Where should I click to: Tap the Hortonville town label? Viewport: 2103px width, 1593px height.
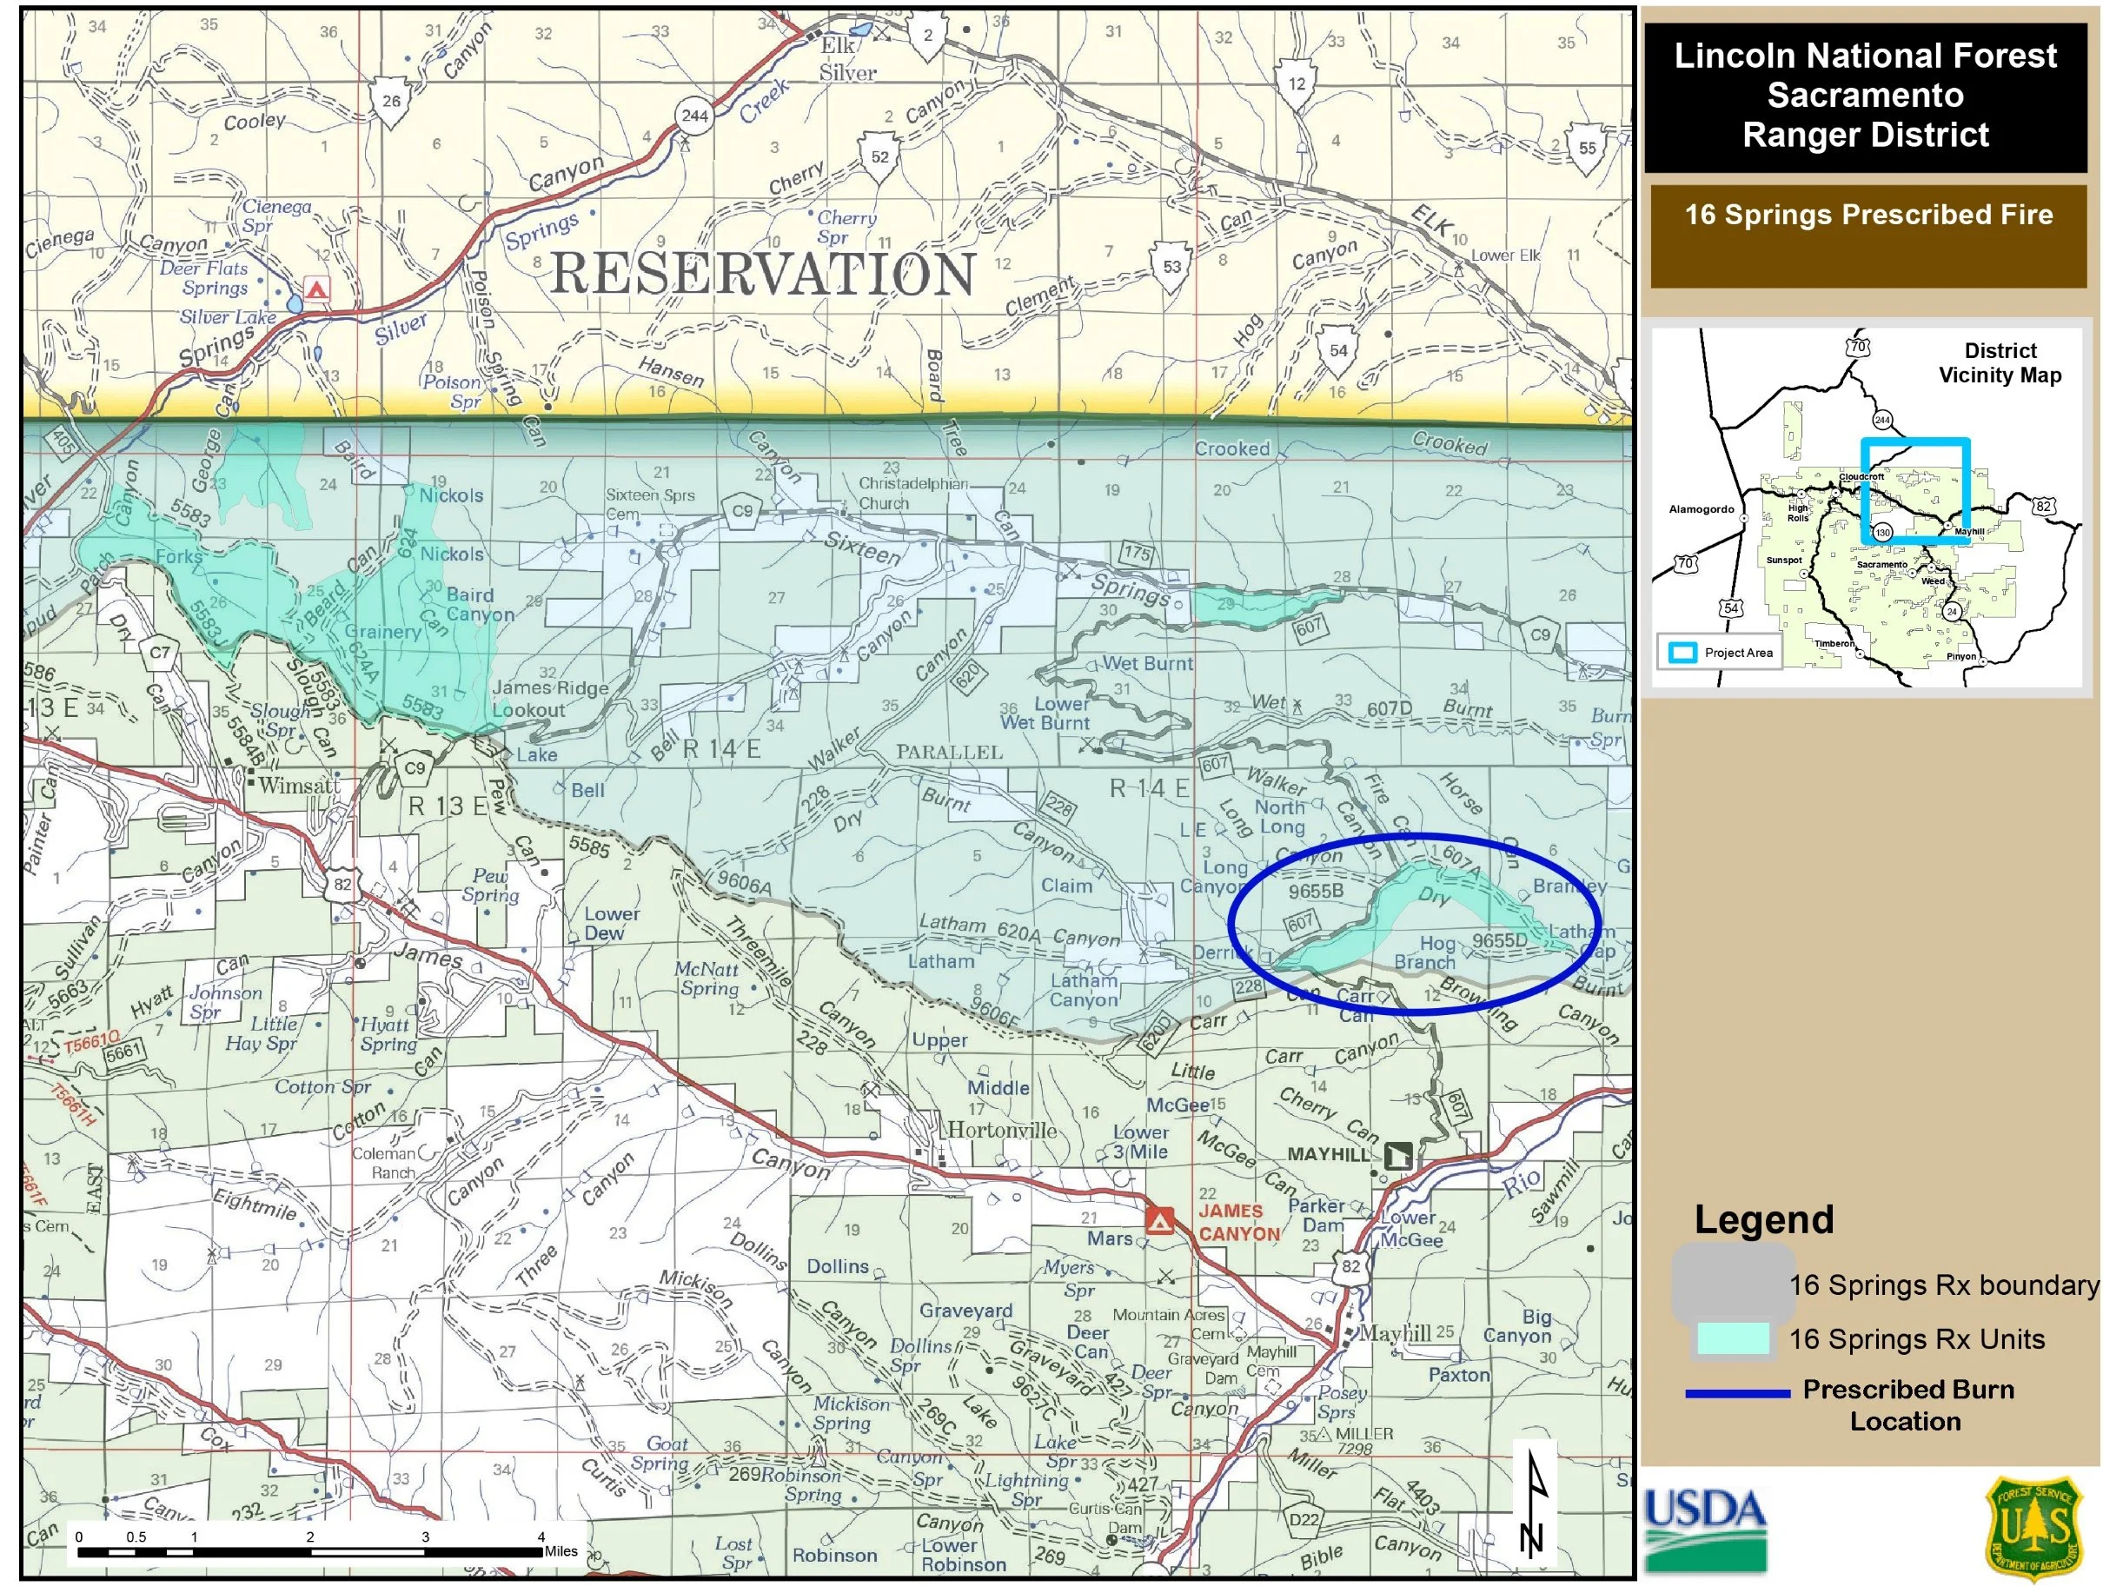click(x=1002, y=1130)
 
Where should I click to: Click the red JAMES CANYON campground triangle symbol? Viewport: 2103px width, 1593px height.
click(x=1158, y=1220)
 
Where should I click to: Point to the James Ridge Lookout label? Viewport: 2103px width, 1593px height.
click(x=549, y=699)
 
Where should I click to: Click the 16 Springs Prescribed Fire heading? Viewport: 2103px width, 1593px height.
click(x=1868, y=215)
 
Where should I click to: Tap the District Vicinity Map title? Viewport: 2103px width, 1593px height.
click(x=2000, y=362)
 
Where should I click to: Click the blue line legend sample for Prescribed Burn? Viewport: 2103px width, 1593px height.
click(x=1737, y=1394)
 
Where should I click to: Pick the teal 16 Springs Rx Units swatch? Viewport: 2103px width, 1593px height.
click(x=1733, y=1339)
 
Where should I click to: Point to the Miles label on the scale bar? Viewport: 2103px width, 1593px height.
click(x=561, y=1551)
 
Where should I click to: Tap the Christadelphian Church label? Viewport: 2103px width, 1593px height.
click(x=912, y=493)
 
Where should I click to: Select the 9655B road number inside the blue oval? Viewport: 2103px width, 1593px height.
click(x=1316, y=892)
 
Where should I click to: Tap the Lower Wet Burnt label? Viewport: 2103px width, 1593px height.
click(x=1045, y=714)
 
